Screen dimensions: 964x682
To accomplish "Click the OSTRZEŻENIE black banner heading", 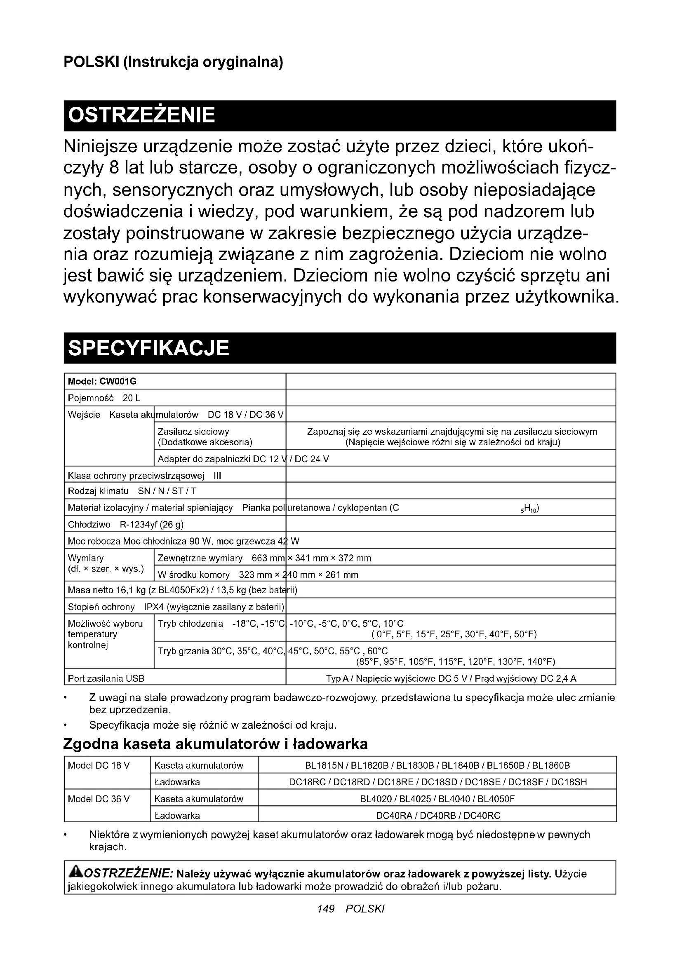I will tap(141, 115).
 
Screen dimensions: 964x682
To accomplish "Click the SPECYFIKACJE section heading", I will tap(149, 348).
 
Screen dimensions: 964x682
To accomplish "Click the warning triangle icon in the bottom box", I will tap(75, 873).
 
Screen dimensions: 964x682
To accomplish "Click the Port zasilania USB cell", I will tap(106, 678).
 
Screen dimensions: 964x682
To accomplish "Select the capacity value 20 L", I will tap(132, 398).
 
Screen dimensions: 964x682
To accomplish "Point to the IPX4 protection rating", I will tap(154, 607).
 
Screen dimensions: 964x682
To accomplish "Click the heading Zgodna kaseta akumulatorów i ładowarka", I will tap(215, 744).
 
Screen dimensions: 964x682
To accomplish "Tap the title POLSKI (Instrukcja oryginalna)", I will tap(174, 62).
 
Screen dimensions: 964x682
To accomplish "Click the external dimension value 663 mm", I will tap(268, 558).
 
